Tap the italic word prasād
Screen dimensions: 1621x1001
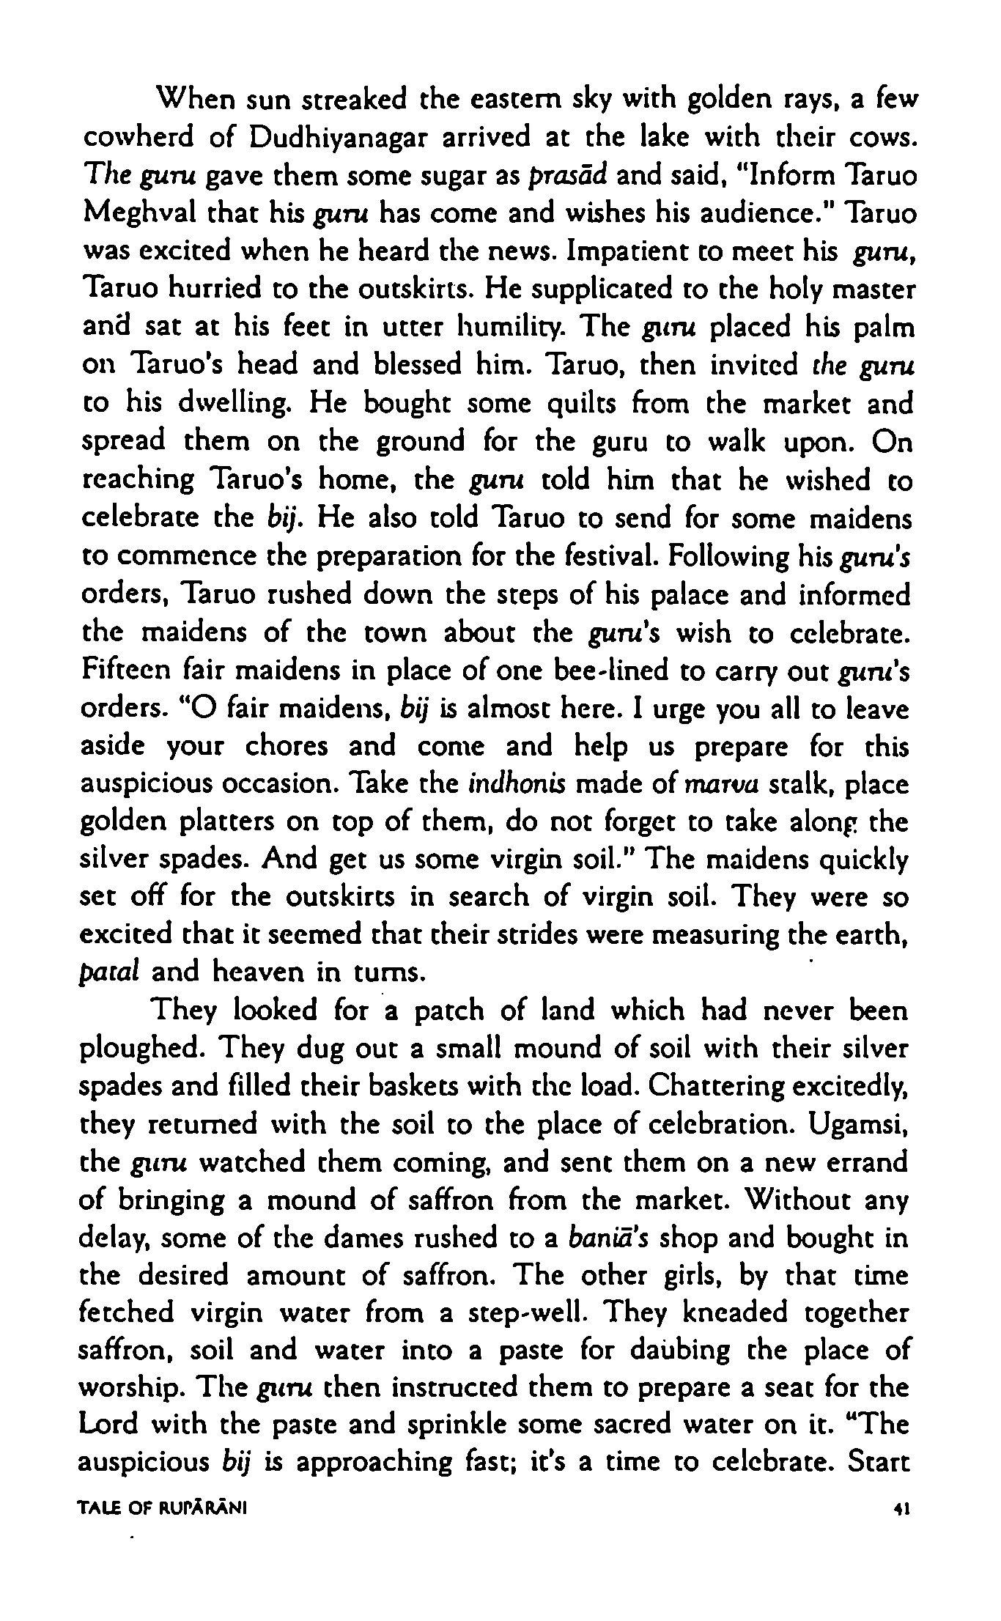click(x=561, y=176)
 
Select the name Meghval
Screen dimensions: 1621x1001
click(x=136, y=214)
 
